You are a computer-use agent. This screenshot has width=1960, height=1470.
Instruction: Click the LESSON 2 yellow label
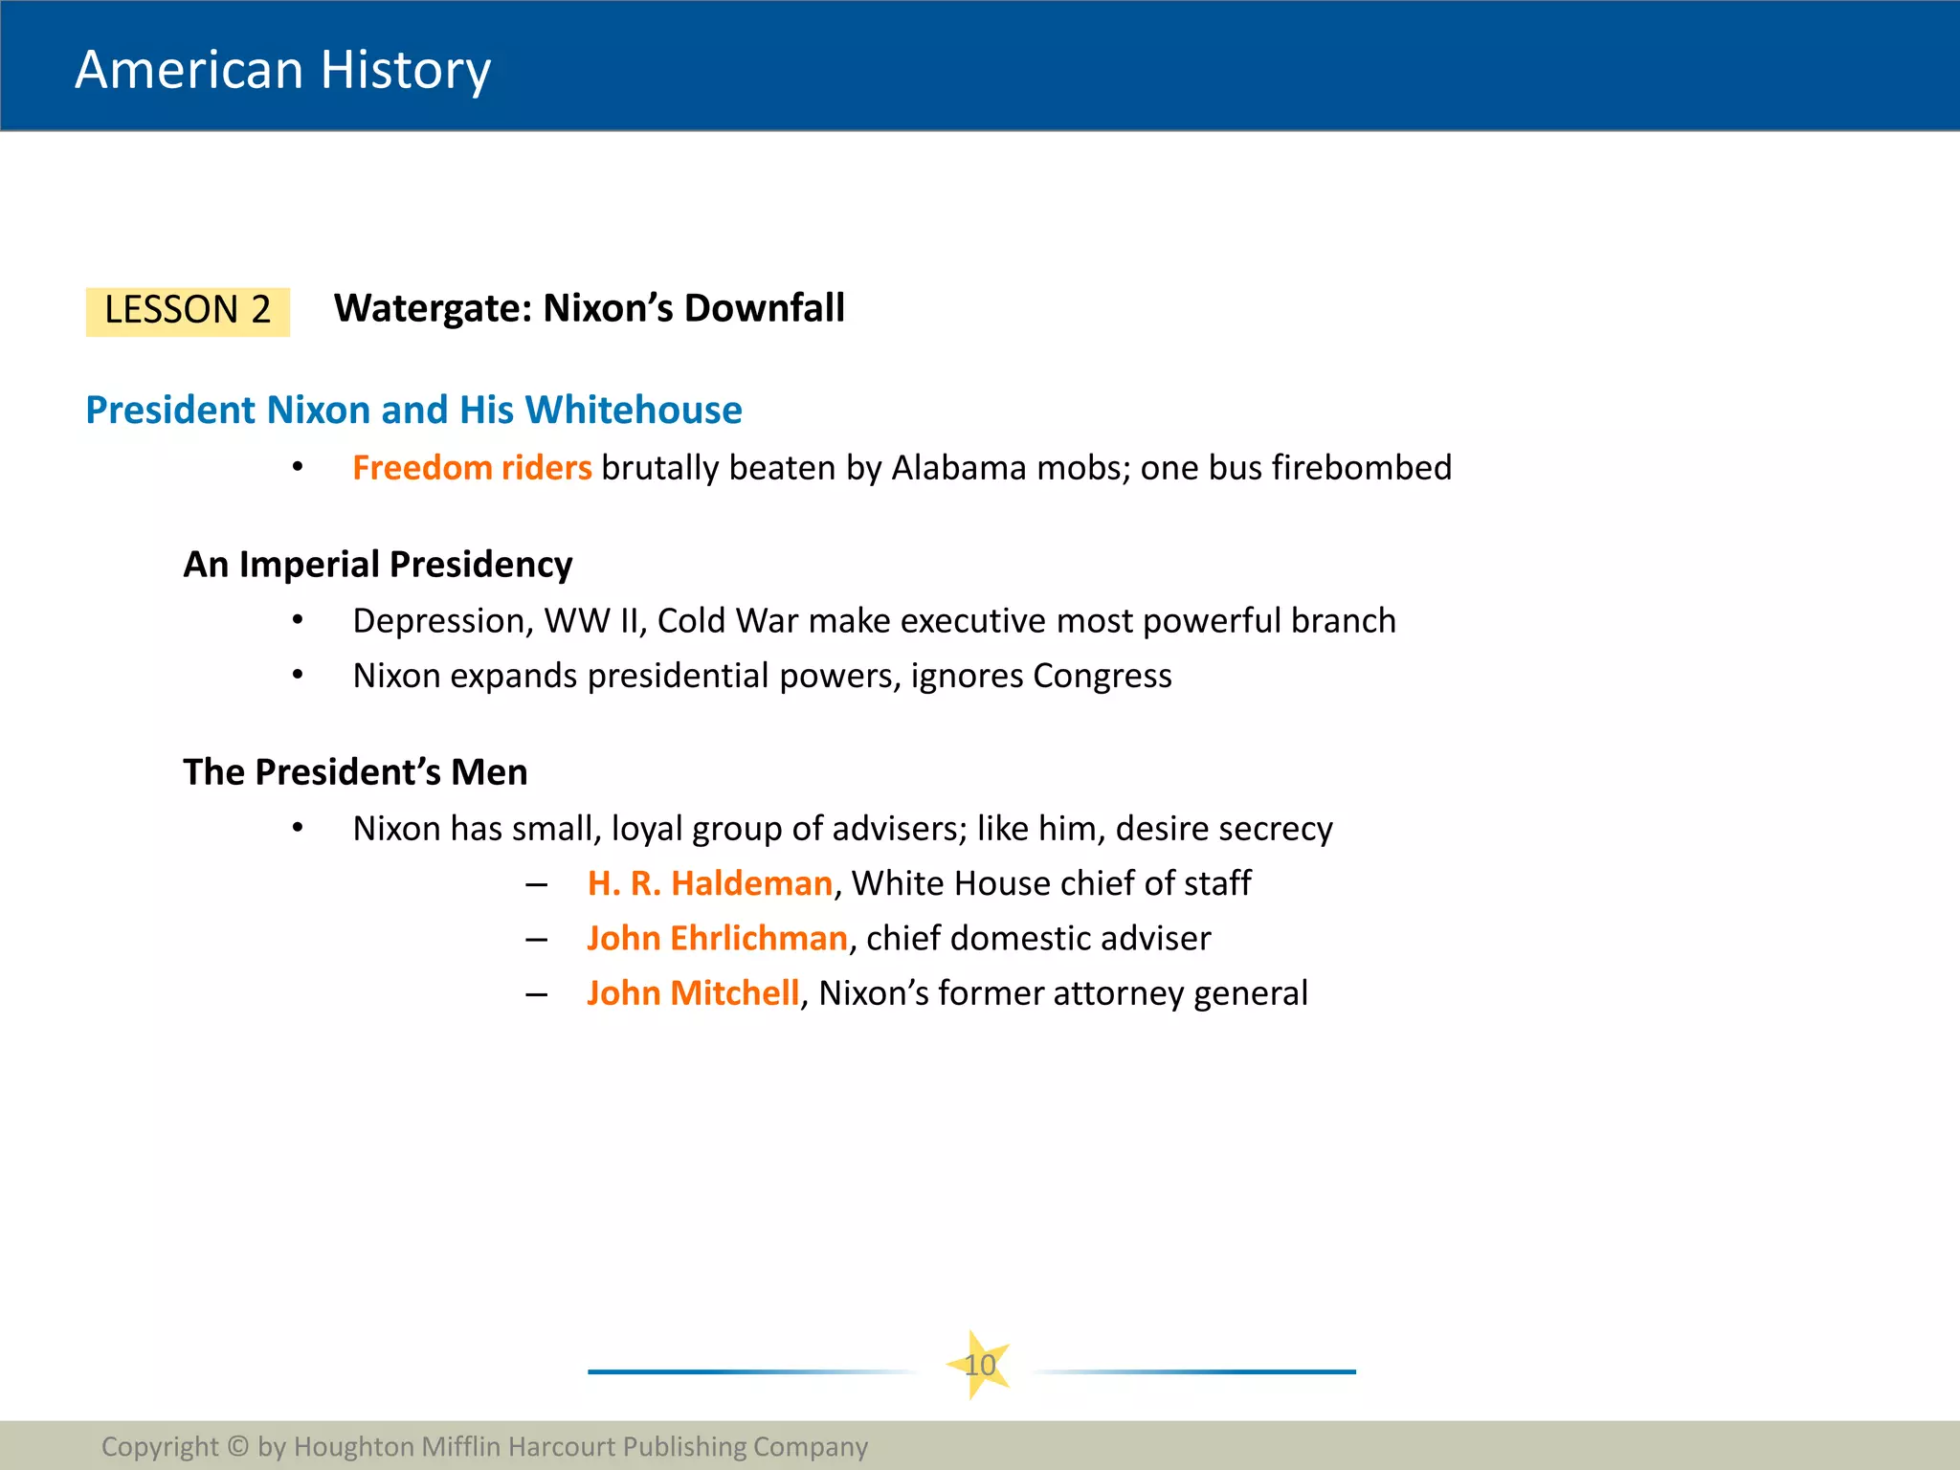[x=188, y=311]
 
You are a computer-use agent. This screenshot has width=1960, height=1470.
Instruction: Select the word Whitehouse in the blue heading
[x=633, y=410]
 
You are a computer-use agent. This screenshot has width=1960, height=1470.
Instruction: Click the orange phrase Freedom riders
[x=472, y=468]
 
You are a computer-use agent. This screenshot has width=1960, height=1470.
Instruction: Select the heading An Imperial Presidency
[x=378, y=565]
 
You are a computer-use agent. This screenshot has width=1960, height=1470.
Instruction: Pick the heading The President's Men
[x=355, y=772]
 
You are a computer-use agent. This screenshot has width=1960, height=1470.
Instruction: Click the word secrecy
[x=1272, y=829]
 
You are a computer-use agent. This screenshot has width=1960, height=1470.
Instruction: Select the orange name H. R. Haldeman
[x=709, y=883]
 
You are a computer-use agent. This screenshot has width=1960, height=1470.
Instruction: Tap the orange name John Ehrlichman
[x=717, y=939]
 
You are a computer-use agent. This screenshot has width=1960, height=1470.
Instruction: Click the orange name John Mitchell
[x=693, y=993]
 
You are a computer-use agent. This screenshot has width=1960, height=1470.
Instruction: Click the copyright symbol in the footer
[x=238, y=1446]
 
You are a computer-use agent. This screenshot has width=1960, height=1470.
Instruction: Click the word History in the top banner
[x=406, y=70]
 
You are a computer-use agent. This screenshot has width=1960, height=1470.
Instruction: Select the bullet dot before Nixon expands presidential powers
[x=298, y=675]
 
